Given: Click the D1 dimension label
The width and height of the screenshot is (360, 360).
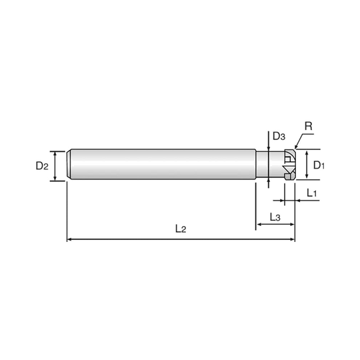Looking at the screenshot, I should [318, 164].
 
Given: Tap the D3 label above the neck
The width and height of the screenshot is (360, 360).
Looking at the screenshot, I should [279, 136].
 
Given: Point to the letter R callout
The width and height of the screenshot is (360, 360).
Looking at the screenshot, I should [308, 125].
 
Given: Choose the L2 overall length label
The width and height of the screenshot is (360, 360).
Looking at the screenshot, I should [181, 229].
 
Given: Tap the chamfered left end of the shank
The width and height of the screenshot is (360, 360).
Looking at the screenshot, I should [71, 163].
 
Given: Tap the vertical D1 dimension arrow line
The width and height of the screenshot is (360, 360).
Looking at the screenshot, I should [307, 164].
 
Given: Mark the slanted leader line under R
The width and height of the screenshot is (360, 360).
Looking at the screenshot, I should [299, 138].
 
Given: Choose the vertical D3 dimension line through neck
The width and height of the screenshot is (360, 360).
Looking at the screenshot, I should [269, 163].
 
